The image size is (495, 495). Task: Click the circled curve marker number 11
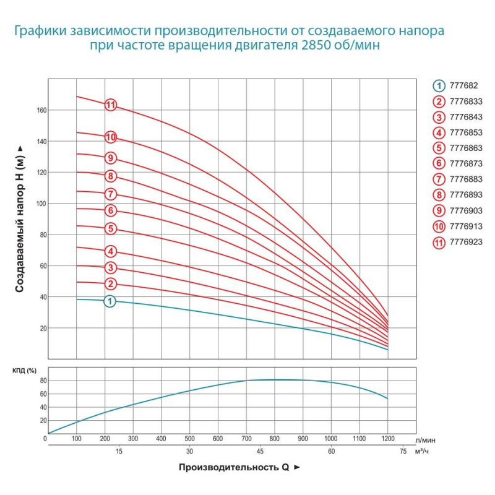click(111, 105)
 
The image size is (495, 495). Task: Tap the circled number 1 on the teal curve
click(110, 301)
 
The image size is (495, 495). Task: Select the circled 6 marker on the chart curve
click(111, 211)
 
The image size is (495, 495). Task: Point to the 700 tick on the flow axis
click(246, 439)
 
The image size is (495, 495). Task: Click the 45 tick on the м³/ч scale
click(260, 452)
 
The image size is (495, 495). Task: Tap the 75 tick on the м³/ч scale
click(403, 452)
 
